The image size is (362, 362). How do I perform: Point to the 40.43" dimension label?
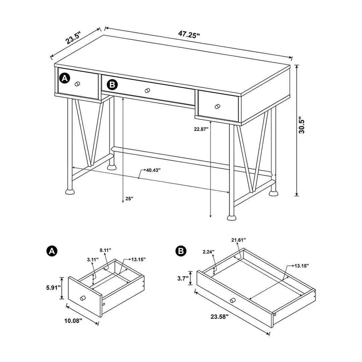[x=153, y=170]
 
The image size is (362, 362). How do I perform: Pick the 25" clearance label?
[x=129, y=198]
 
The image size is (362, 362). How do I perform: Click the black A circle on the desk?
[x=64, y=78]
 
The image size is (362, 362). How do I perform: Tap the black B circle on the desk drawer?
[x=112, y=85]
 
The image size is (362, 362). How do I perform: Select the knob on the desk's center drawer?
[x=147, y=90]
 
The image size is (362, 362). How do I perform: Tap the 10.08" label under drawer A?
[x=73, y=320]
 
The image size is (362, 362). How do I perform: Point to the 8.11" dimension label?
[x=105, y=250]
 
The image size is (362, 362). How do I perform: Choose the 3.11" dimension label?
[x=92, y=259]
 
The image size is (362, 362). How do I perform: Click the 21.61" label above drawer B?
[x=239, y=240]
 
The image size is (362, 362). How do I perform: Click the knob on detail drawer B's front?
[x=233, y=300]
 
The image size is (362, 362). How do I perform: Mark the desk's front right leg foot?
[x=231, y=218]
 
